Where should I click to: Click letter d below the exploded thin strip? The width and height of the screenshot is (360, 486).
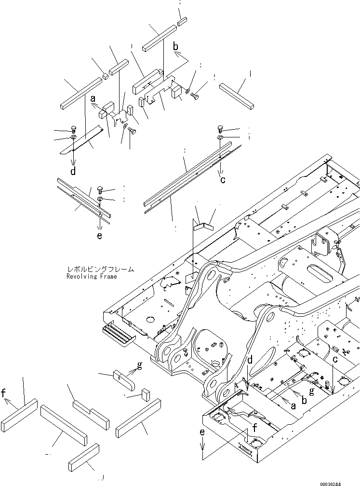[x=73, y=170]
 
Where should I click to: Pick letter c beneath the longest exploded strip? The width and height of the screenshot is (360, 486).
[x=223, y=180]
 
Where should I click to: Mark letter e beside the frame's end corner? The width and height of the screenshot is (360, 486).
[x=203, y=433]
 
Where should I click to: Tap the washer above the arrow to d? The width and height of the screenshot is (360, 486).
[x=72, y=138]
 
